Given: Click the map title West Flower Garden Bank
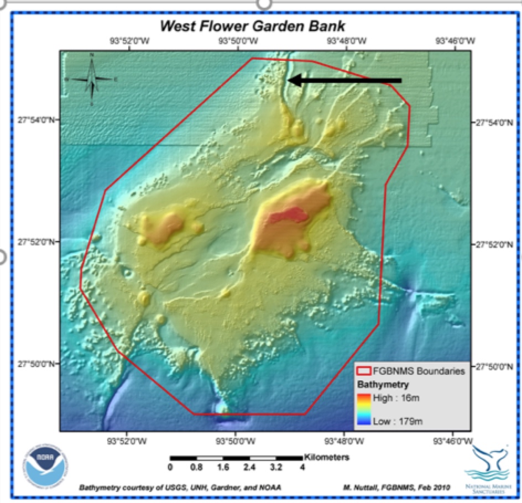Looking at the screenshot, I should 252,26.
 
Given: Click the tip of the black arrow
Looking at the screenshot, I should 290,81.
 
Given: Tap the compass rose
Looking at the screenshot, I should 92,79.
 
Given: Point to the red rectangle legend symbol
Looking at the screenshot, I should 363,371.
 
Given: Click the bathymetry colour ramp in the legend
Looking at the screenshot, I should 363,409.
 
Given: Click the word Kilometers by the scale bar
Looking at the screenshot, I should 326,458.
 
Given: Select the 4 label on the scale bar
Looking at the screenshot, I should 302,468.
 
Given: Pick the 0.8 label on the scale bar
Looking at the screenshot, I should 196,468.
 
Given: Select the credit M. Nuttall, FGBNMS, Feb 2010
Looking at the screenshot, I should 396,487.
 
